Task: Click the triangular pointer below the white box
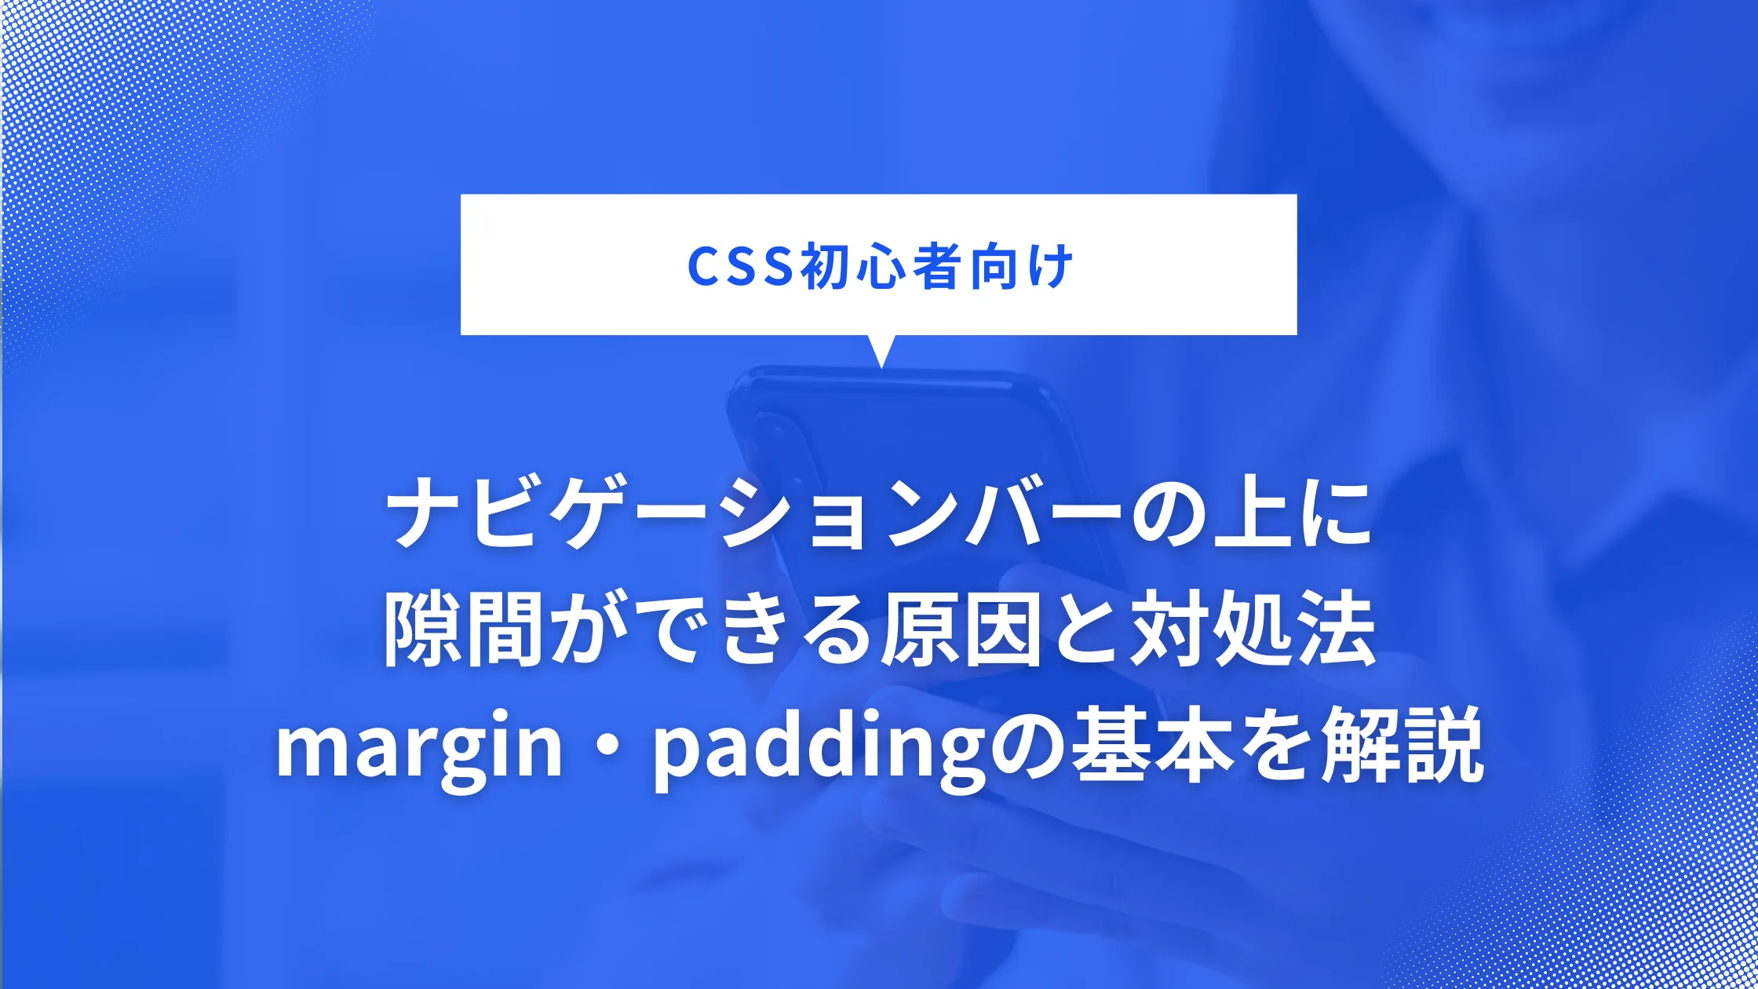point(881,350)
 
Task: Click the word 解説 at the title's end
point(1402,746)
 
